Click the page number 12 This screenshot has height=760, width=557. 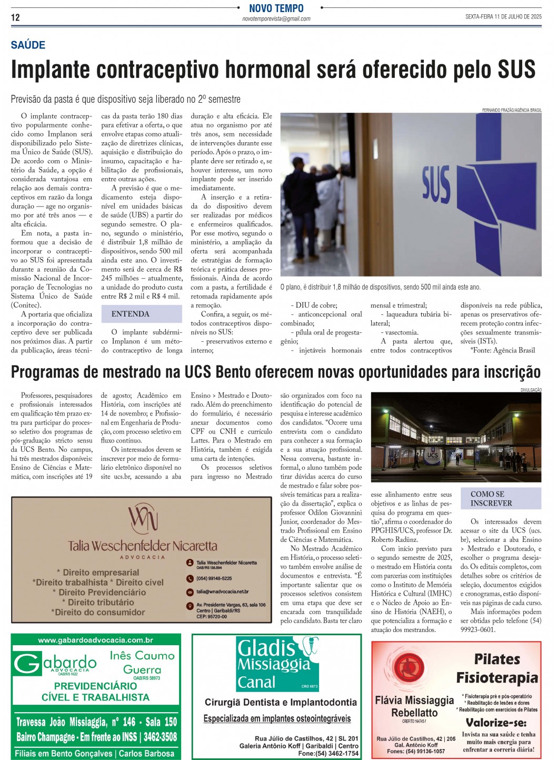[15, 17]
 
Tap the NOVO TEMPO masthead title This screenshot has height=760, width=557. [276, 8]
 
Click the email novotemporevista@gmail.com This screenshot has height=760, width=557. [276, 19]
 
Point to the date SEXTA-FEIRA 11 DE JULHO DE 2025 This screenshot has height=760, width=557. [503, 17]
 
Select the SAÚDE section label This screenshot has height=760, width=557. [28, 45]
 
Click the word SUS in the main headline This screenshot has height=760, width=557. [515, 70]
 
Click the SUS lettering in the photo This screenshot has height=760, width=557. [436, 185]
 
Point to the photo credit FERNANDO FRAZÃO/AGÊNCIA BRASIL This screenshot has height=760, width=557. [511, 110]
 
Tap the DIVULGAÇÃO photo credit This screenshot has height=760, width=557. [531, 390]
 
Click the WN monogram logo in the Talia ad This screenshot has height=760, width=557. [143, 518]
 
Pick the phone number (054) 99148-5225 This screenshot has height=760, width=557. [214, 578]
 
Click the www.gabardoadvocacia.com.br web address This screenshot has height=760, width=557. [95, 640]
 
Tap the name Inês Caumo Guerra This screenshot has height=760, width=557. [142, 663]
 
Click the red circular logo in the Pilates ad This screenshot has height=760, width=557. [409, 668]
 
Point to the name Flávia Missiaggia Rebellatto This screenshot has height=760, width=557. [414, 706]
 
